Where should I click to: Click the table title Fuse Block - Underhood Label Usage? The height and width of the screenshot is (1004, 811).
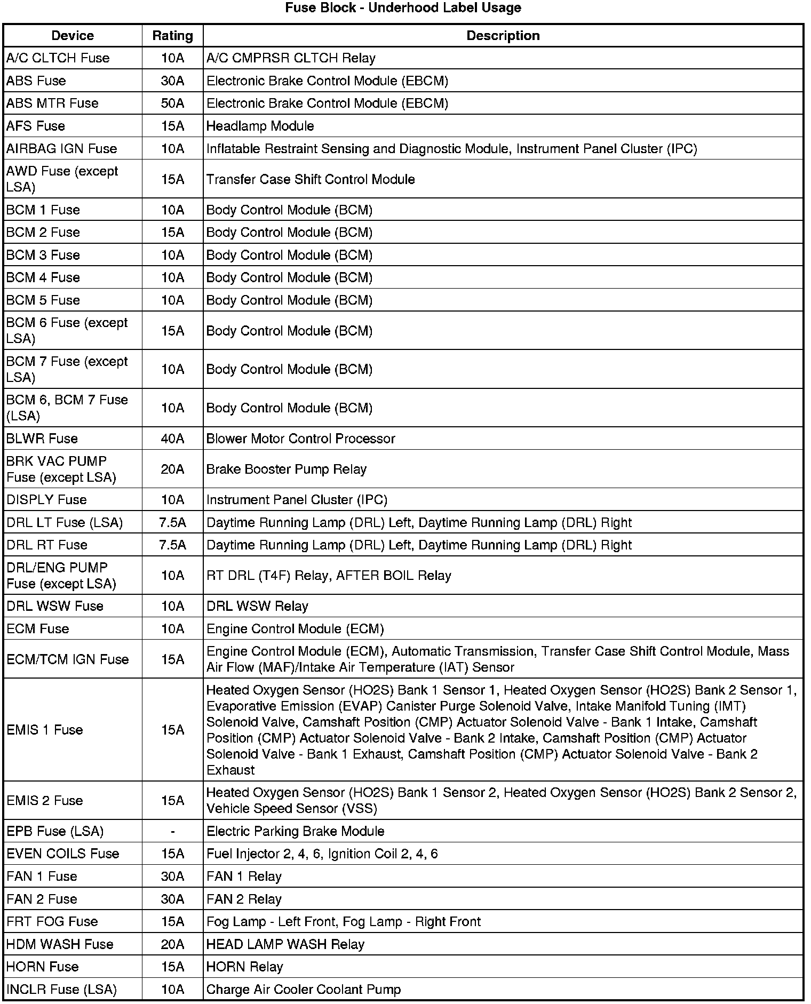[403, 8]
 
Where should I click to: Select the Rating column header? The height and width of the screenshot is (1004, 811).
[172, 36]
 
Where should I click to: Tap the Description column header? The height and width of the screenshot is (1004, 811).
[503, 36]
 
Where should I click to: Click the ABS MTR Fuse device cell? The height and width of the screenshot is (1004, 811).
[52, 103]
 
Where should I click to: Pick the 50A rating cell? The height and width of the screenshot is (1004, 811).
[172, 103]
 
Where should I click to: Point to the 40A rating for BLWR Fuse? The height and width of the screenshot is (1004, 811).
[172, 439]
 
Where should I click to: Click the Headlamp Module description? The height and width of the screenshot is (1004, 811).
[260, 126]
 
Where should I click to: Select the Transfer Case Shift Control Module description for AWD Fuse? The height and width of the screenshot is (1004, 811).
[311, 179]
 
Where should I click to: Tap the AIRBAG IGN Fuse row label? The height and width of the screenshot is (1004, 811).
[61, 148]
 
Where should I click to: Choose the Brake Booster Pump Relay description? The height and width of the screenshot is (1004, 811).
[287, 469]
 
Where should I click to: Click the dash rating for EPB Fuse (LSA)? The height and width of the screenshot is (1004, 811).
[172, 831]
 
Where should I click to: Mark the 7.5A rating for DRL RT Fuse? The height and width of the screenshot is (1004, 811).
[172, 545]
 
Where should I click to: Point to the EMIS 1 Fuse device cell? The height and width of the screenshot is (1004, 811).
[45, 730]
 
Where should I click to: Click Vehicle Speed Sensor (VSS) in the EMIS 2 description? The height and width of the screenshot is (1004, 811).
[291, 809]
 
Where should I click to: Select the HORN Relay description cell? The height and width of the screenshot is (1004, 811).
[244, 967]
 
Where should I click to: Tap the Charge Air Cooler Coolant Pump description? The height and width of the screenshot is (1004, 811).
[303, 990]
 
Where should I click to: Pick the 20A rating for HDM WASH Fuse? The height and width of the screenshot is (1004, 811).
[172, 944]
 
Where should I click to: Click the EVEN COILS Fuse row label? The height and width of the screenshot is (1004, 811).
[62, 854]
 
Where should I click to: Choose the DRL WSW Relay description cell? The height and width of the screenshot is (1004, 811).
[257, 606]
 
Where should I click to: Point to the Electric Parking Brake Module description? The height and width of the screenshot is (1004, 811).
[295, 831]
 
